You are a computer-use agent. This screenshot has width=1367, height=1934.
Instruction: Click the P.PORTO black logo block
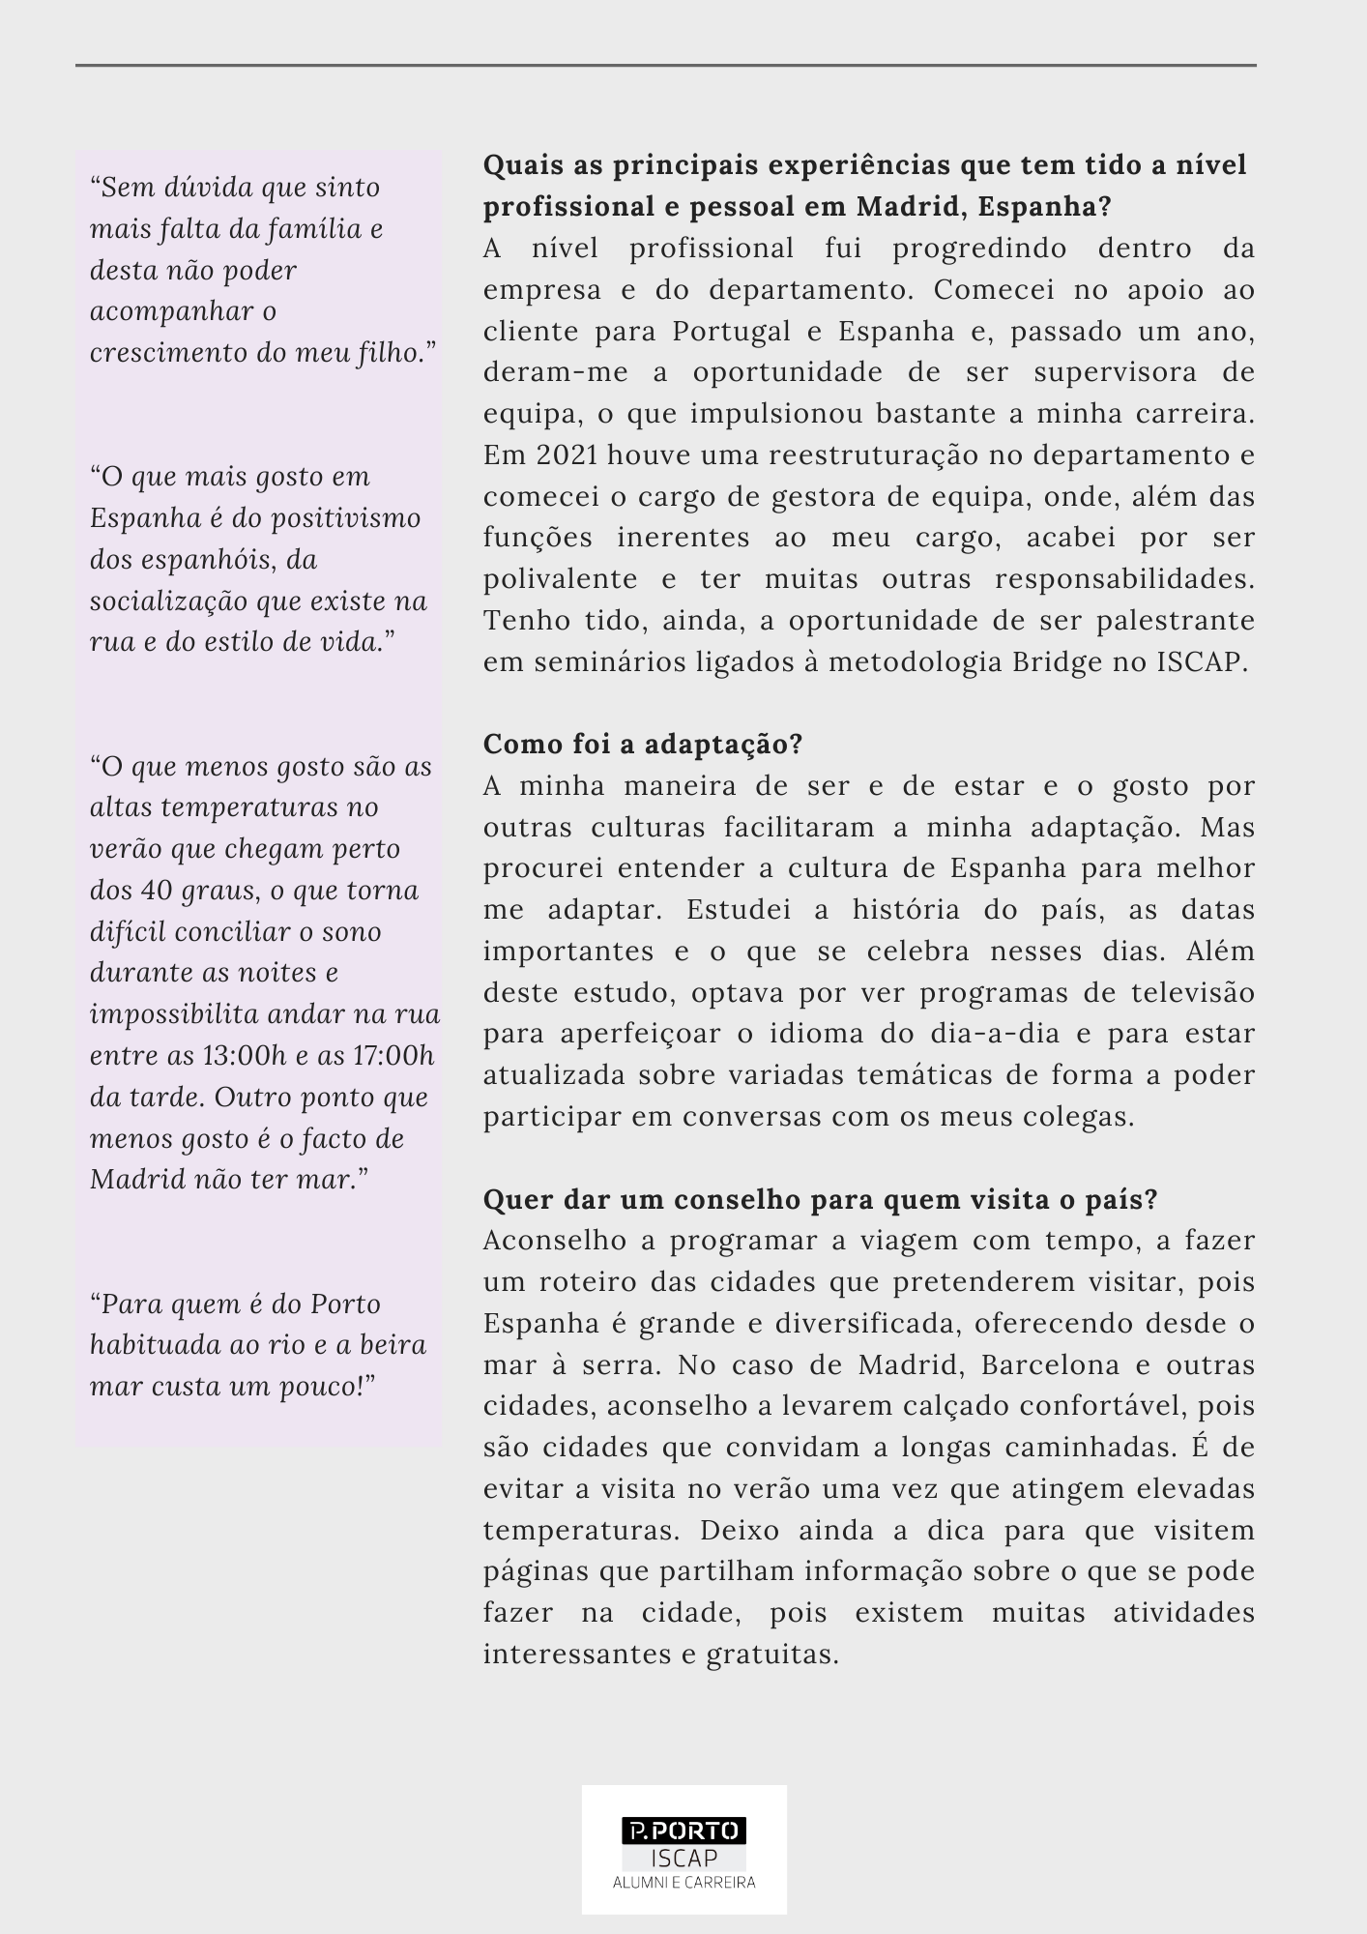tap(683, 1831)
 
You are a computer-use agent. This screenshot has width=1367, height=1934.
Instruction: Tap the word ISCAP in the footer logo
tap(683, 1858)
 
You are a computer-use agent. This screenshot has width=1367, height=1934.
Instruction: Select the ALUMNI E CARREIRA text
tap(683, 1883)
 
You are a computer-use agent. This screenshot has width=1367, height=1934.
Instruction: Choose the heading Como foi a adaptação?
tap(643, 745)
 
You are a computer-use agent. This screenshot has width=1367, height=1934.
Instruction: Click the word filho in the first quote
tap(386, 353)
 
